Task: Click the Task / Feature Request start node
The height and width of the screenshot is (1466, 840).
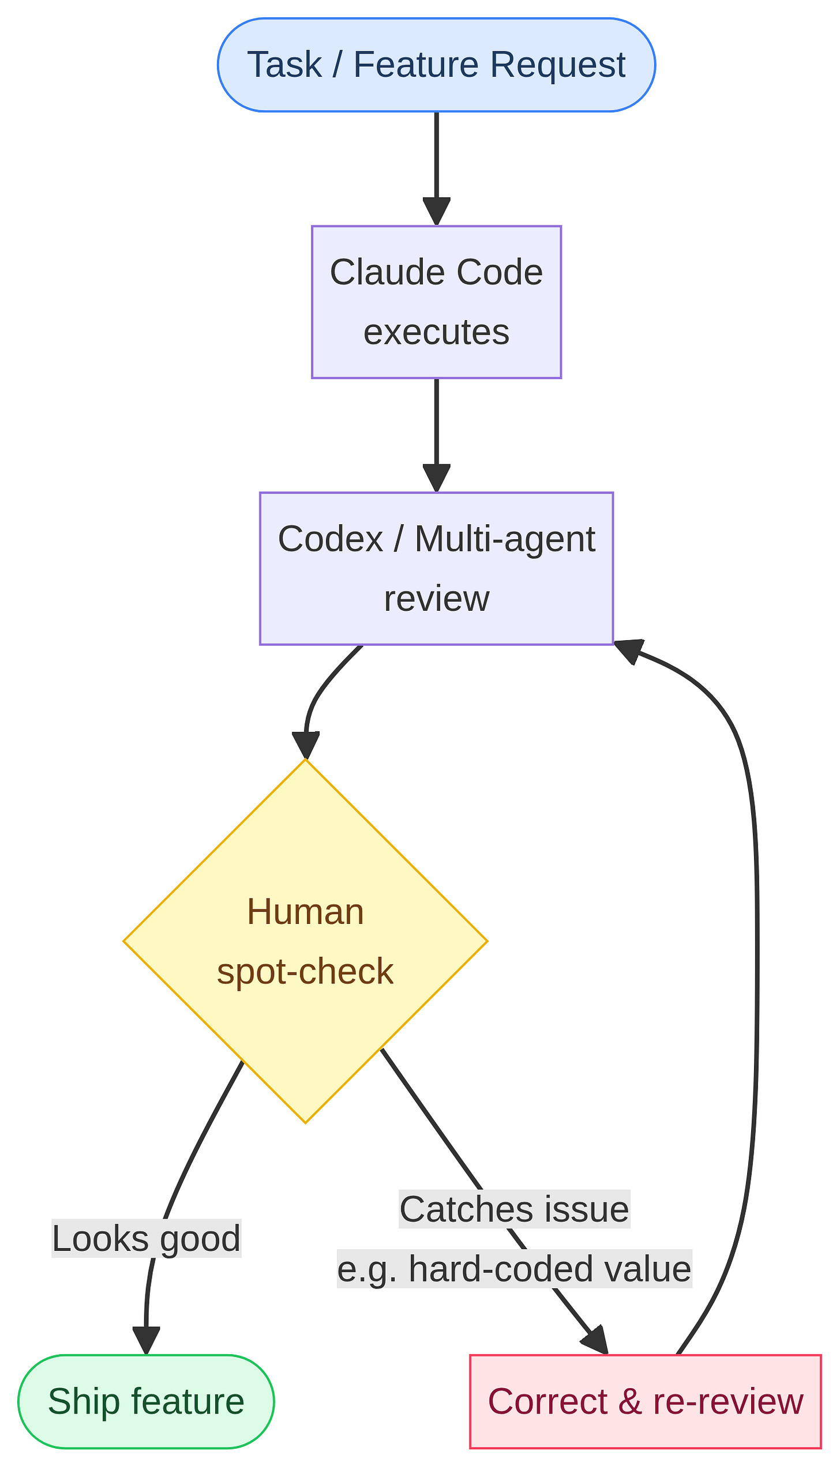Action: click(x=436, y=65)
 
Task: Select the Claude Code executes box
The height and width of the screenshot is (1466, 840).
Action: click(x=436, y=302)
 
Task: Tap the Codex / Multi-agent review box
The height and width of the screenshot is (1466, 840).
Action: click(x=436, y=568)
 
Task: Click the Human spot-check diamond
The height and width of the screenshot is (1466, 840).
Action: click(x=305, y=941)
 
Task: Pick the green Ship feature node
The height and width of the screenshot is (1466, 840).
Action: click(x=146, y=1401)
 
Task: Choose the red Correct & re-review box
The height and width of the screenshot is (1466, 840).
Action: click(x=645, y=1401)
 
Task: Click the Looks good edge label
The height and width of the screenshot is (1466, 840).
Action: click(x=146, y=1238)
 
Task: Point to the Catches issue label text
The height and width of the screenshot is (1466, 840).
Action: click(x=514, y=1209)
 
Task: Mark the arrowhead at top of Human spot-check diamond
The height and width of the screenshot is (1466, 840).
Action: click(x=306, y=745)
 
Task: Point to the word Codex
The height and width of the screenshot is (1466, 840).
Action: click(x=330, y=539)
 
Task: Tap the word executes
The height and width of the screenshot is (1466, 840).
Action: click(x=436, y=332)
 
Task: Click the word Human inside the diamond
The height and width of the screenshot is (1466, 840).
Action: click(x=305, y=912)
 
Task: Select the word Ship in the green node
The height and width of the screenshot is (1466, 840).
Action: click(x=83, y=1401)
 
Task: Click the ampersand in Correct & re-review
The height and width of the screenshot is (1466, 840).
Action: click(x=630, y=1401)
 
